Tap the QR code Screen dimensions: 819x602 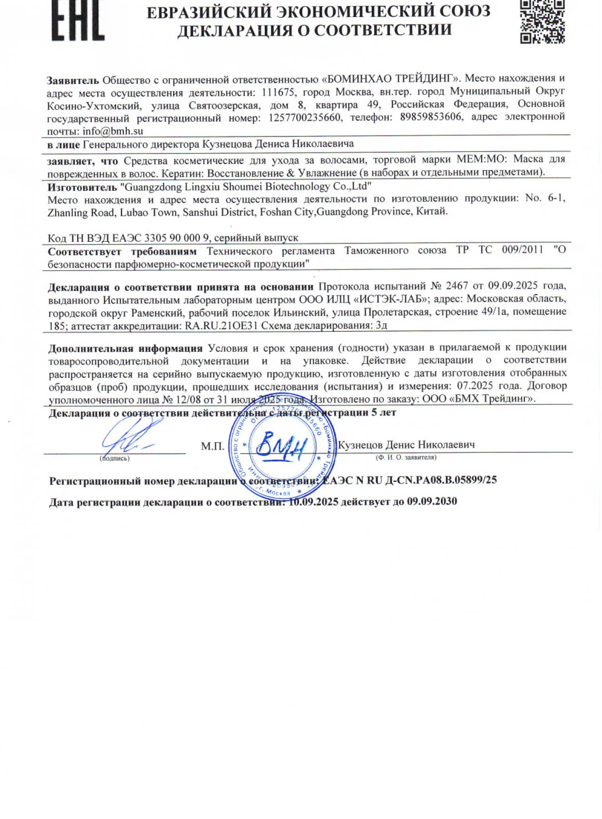[542, 21]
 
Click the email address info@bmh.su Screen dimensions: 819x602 [113, 131]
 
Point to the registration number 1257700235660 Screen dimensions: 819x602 [305, 118]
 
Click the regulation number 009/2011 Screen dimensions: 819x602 [522, 250]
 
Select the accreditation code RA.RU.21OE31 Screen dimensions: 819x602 [221, 325]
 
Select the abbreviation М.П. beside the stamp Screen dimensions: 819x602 [213, 446]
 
